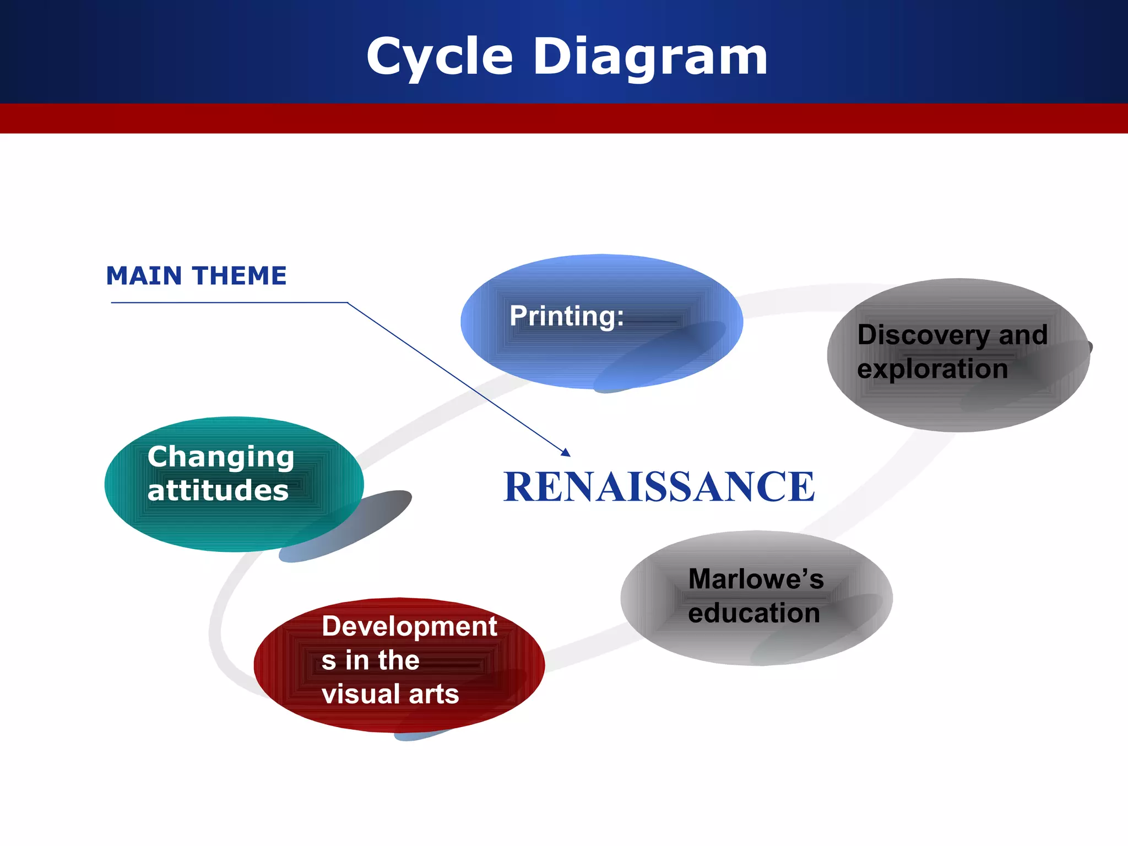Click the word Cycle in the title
coord(440,56)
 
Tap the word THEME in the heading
coord(240,275)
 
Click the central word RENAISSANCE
coord(659,487)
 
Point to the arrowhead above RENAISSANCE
coord(566,452)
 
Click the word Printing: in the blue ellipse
coord(567,316)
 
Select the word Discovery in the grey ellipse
coord(924,335)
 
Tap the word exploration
coord(932,368)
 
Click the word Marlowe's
coord(756,579)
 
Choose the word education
coord(753,613)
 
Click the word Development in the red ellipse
coord(409,626)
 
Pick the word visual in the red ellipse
coord(356,694)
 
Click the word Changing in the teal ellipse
coord(221,457)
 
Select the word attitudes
coord(218,490)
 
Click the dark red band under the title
coord(564,118)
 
